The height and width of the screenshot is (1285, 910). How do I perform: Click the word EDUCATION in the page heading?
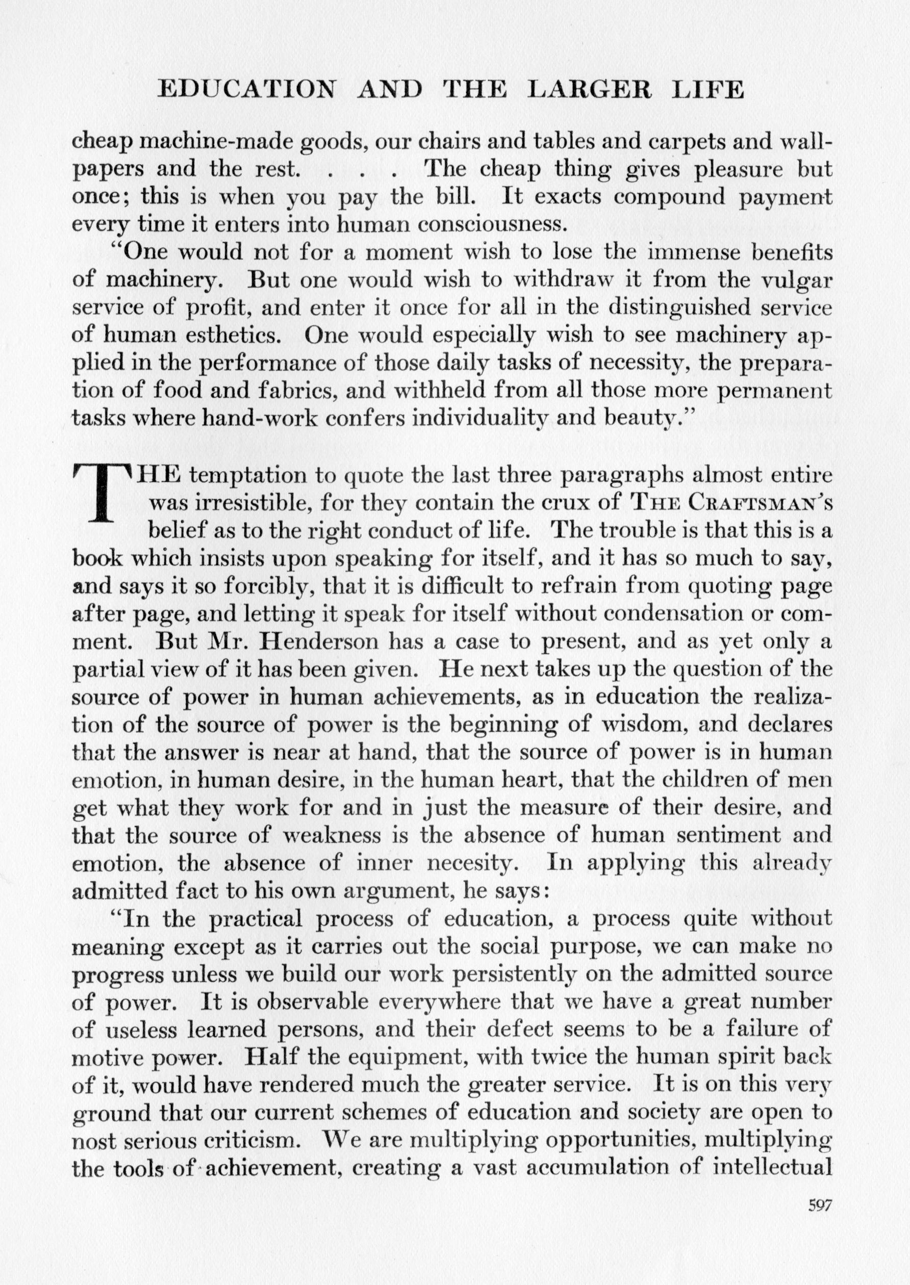coord(247,90)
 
